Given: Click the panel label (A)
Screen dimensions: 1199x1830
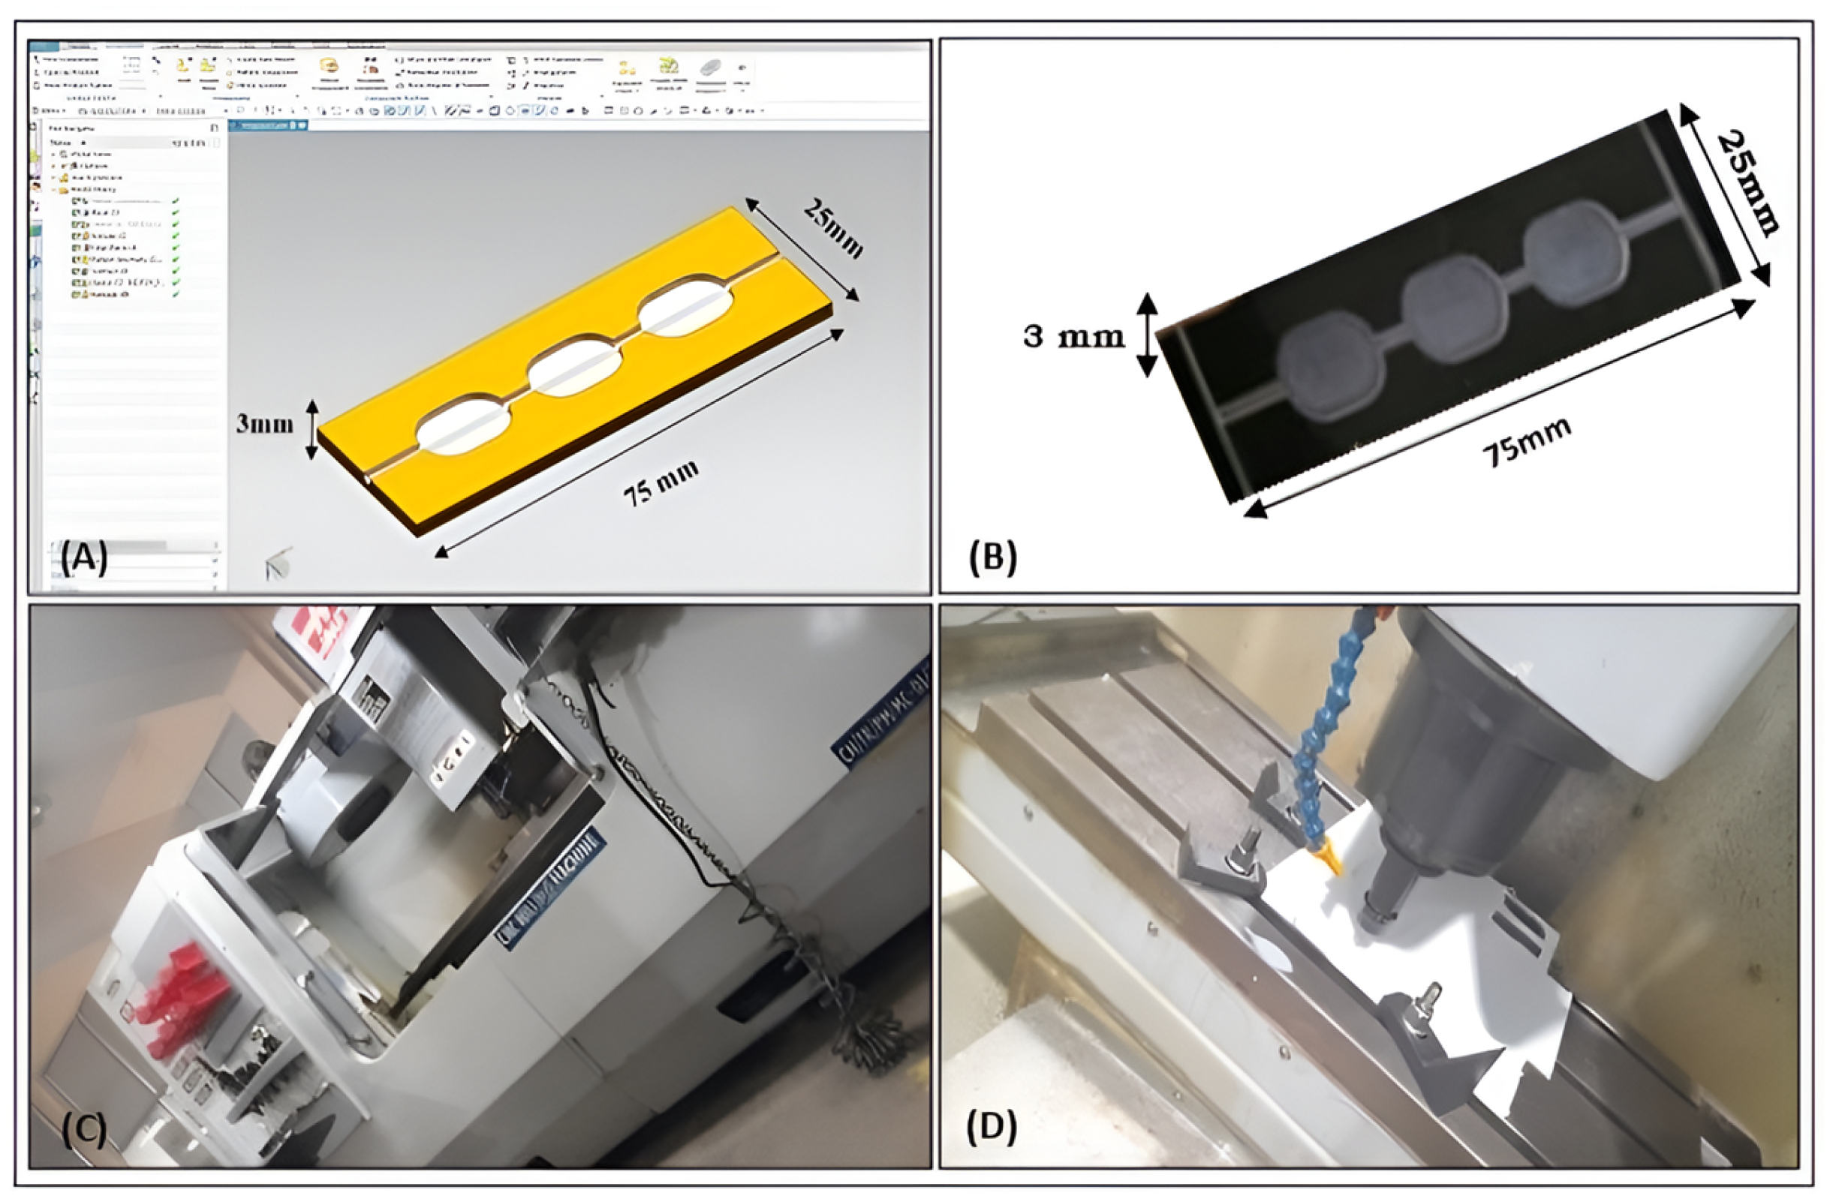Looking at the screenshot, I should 84,559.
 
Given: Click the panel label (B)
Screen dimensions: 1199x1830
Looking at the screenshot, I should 992,557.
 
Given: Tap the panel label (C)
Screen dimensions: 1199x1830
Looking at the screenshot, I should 84,1129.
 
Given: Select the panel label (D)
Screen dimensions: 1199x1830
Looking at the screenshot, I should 992,1128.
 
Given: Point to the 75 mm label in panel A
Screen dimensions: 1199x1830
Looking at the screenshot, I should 661,482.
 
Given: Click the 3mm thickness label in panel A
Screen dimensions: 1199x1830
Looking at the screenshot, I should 264,423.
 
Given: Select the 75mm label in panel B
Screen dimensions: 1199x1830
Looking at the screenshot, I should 1526,441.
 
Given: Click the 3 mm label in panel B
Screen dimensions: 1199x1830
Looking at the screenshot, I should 1073,336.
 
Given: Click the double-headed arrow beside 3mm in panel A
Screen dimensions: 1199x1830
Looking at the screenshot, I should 312,429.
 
